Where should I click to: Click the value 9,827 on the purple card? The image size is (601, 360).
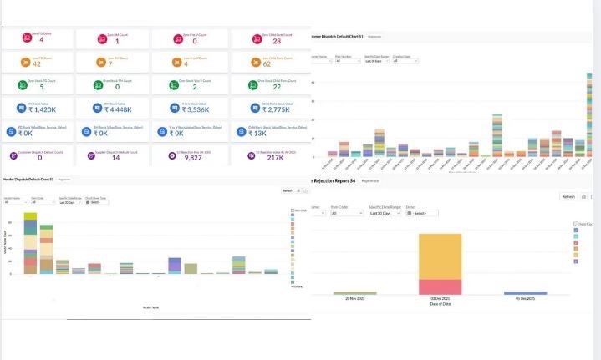193,157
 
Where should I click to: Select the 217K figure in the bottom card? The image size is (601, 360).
267,157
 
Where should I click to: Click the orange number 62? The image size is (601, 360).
267,63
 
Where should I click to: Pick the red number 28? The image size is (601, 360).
267,40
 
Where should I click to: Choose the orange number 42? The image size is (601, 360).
36,63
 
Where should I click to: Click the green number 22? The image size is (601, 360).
267,86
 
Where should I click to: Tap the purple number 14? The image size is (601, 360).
115,157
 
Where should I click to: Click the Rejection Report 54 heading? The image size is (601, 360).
332,180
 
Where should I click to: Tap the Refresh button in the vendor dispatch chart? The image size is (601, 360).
286,191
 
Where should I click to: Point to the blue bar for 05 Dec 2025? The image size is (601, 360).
525,293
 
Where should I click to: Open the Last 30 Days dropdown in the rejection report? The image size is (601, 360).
385,213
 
